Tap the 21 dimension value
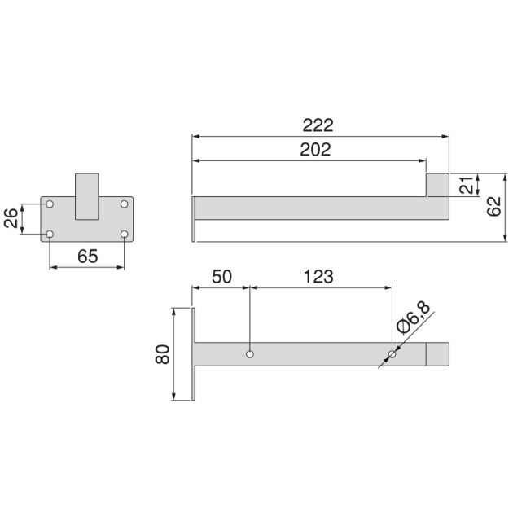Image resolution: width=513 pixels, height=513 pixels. pyautogui.click(x=465, y=185)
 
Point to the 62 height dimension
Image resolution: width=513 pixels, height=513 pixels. pyautogui.click(x=493, y=208)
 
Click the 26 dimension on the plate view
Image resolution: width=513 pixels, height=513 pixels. pyautogui.click(x=12, y=218)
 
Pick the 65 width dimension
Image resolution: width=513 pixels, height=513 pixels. pyautogui.click(x=87, y=256)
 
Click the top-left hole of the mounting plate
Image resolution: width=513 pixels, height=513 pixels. pyautogui.click(x=50, y=203)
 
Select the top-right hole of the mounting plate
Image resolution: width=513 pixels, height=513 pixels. pyautogui.click(x=125, y=203)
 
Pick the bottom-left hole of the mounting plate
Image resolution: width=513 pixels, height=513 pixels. pyautogui.click(x=50, y=235)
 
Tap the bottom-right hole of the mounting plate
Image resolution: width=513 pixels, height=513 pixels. pyautogui.click(x=125, y=235)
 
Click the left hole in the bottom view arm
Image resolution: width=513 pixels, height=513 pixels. pyautogui.click(x=250, y=354)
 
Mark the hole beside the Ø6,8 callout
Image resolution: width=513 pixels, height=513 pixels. pyautogui.click(x=392, y=354)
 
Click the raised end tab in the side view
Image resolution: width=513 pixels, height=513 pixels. pyautogui.click(x=438, y=185)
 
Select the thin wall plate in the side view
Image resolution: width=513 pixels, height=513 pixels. pyautogui.click(x=195, y=218)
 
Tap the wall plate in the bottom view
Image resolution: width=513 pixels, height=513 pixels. pyautogui.click(x=194, y=354)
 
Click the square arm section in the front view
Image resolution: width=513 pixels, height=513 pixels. pyautogui.click(x=87, y=196)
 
